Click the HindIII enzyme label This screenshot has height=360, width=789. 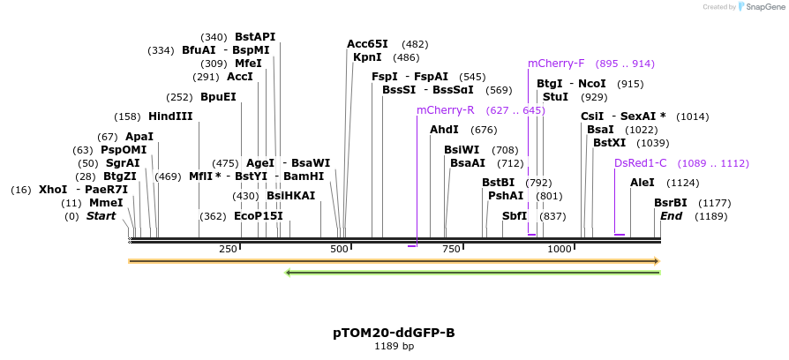pyautogui.click(x=170, y=116)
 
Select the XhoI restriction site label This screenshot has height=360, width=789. pyautogui.click(x=53, y=190)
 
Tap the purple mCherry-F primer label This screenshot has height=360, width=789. pyautogui.click(x=556, y=64)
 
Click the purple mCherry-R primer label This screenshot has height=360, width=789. pyautogui.click(x=445, y=110)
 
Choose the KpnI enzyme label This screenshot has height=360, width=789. pyautogui.click(x=367, y=57)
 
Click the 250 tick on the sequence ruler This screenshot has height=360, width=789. pyautogui.click(x=228, y=250)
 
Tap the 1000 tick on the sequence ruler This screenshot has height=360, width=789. pyautogui.click(x=560, y=250)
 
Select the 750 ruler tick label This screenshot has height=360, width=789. pyautogui.click(x=451, y=250)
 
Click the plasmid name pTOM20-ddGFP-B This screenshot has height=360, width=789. pyautogui.click(x=394, y=333)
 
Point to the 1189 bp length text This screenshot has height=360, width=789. pyautogui.click(x=394, y=347)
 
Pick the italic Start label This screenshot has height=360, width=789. pyautogui.click(x=101, y=216)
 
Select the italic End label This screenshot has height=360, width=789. pyautogui.click(x=671, y=216)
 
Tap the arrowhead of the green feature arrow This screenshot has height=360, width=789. pyautogui.click(x=288, y=273)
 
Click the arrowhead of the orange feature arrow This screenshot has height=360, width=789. pyautogui.click(x=656, y=261)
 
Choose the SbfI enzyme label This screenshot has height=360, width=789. pyautogui.click(x=515, y=216)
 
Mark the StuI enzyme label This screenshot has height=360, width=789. pyautogui.click(x=555, y=97)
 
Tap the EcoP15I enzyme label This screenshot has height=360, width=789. pyautogui.click(x=259, y=216)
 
